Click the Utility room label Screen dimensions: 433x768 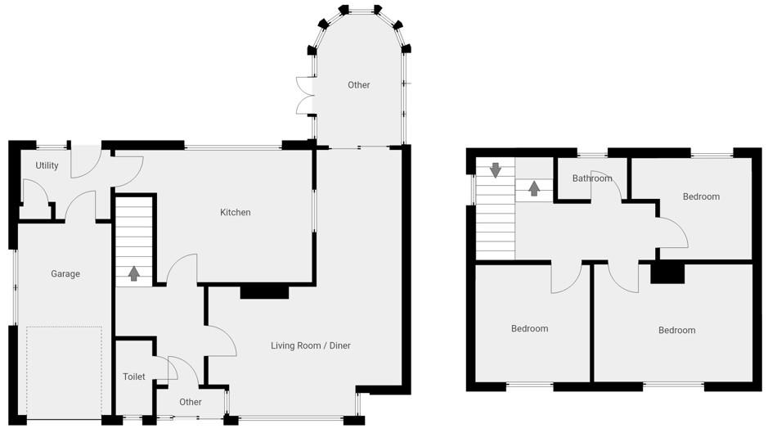click(47, 165)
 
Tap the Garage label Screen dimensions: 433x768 click(65, 274)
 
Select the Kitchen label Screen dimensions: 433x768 click(236, 213)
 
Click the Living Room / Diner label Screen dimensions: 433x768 click(311, 346)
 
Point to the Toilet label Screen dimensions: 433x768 click(133, 377)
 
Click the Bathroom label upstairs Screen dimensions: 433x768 click(592, 178)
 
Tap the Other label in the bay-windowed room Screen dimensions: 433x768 click(358, 85)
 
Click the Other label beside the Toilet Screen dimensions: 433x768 click(191, 403)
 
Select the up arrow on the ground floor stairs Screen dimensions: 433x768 click(133, 273)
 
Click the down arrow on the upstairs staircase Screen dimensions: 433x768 click(495, 170)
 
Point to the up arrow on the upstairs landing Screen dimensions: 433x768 click(534, 189)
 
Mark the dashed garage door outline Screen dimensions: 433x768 click(64, 372)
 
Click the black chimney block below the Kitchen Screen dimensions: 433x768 click(264, 291)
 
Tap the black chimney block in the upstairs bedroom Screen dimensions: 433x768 click(667, 273)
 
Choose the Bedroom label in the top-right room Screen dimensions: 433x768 click(701, 196)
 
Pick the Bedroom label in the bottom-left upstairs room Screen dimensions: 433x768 click(529, 329)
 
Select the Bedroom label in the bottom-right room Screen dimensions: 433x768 click(676, 331)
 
